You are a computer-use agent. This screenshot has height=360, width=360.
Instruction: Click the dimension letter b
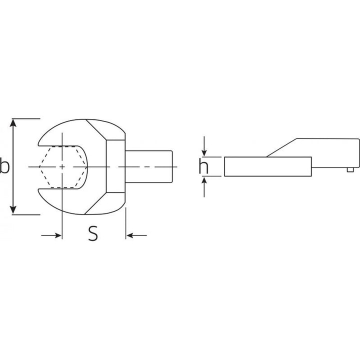(5, 166)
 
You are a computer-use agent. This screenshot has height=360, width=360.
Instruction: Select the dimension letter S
(92, 233)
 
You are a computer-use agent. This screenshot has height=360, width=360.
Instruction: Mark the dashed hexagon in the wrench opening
(62, 166)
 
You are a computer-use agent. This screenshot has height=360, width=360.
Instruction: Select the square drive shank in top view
(150, 166)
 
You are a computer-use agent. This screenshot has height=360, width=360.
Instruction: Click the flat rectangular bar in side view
(267, 166)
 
